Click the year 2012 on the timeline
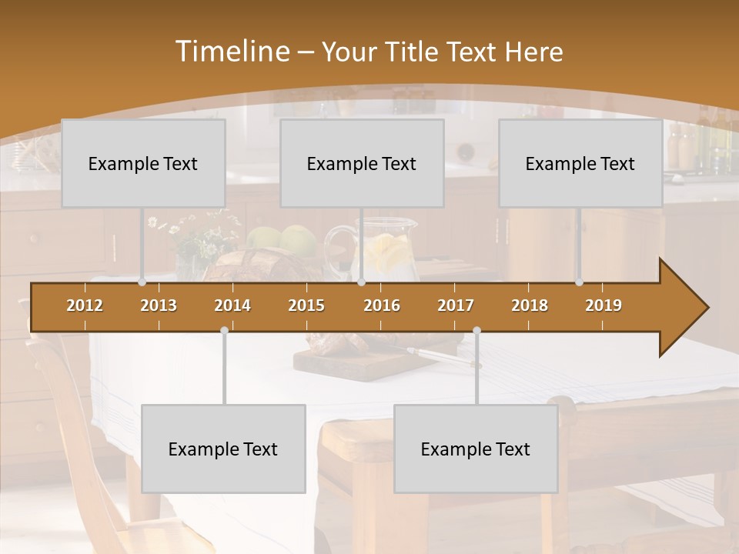point(85,305)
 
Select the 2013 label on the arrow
point(159,305)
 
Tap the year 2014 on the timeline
point(232,305)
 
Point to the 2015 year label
point(306,305)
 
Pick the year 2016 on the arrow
point(382,305)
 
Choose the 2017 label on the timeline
point(456,305)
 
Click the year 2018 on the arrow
point(530,305)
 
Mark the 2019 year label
point(604,305)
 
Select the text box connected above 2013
point(143,163)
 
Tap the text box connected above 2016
point(362,163)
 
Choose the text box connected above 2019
point(580,163)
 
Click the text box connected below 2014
point(223,449)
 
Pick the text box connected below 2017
point(476,449)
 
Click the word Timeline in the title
point(231,52)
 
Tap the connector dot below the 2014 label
point(224,330)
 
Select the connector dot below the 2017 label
point(477,330)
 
